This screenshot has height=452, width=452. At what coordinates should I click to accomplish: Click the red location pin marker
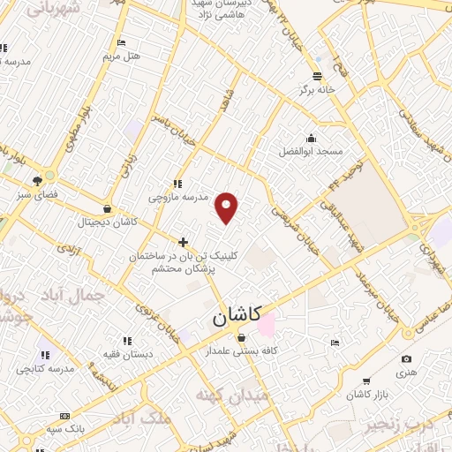point(227,207)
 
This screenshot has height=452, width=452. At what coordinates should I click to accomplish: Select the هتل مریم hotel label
point(121,56)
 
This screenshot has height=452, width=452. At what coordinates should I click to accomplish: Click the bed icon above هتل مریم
point(121,42)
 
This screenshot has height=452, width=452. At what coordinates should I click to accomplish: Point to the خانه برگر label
point(317,89)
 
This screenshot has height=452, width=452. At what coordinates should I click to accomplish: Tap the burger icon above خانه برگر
point(317,76)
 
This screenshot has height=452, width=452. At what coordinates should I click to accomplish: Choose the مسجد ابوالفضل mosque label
point(311,152)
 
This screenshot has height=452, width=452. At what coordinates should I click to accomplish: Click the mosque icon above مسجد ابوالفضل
point(311,138)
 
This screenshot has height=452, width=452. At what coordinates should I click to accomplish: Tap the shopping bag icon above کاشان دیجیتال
point(108,209)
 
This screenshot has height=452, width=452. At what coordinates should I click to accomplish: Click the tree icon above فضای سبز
point(37,181)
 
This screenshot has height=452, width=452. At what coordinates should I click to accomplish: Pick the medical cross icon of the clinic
point(183,242)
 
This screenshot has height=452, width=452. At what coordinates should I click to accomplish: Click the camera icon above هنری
point(406,358)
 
